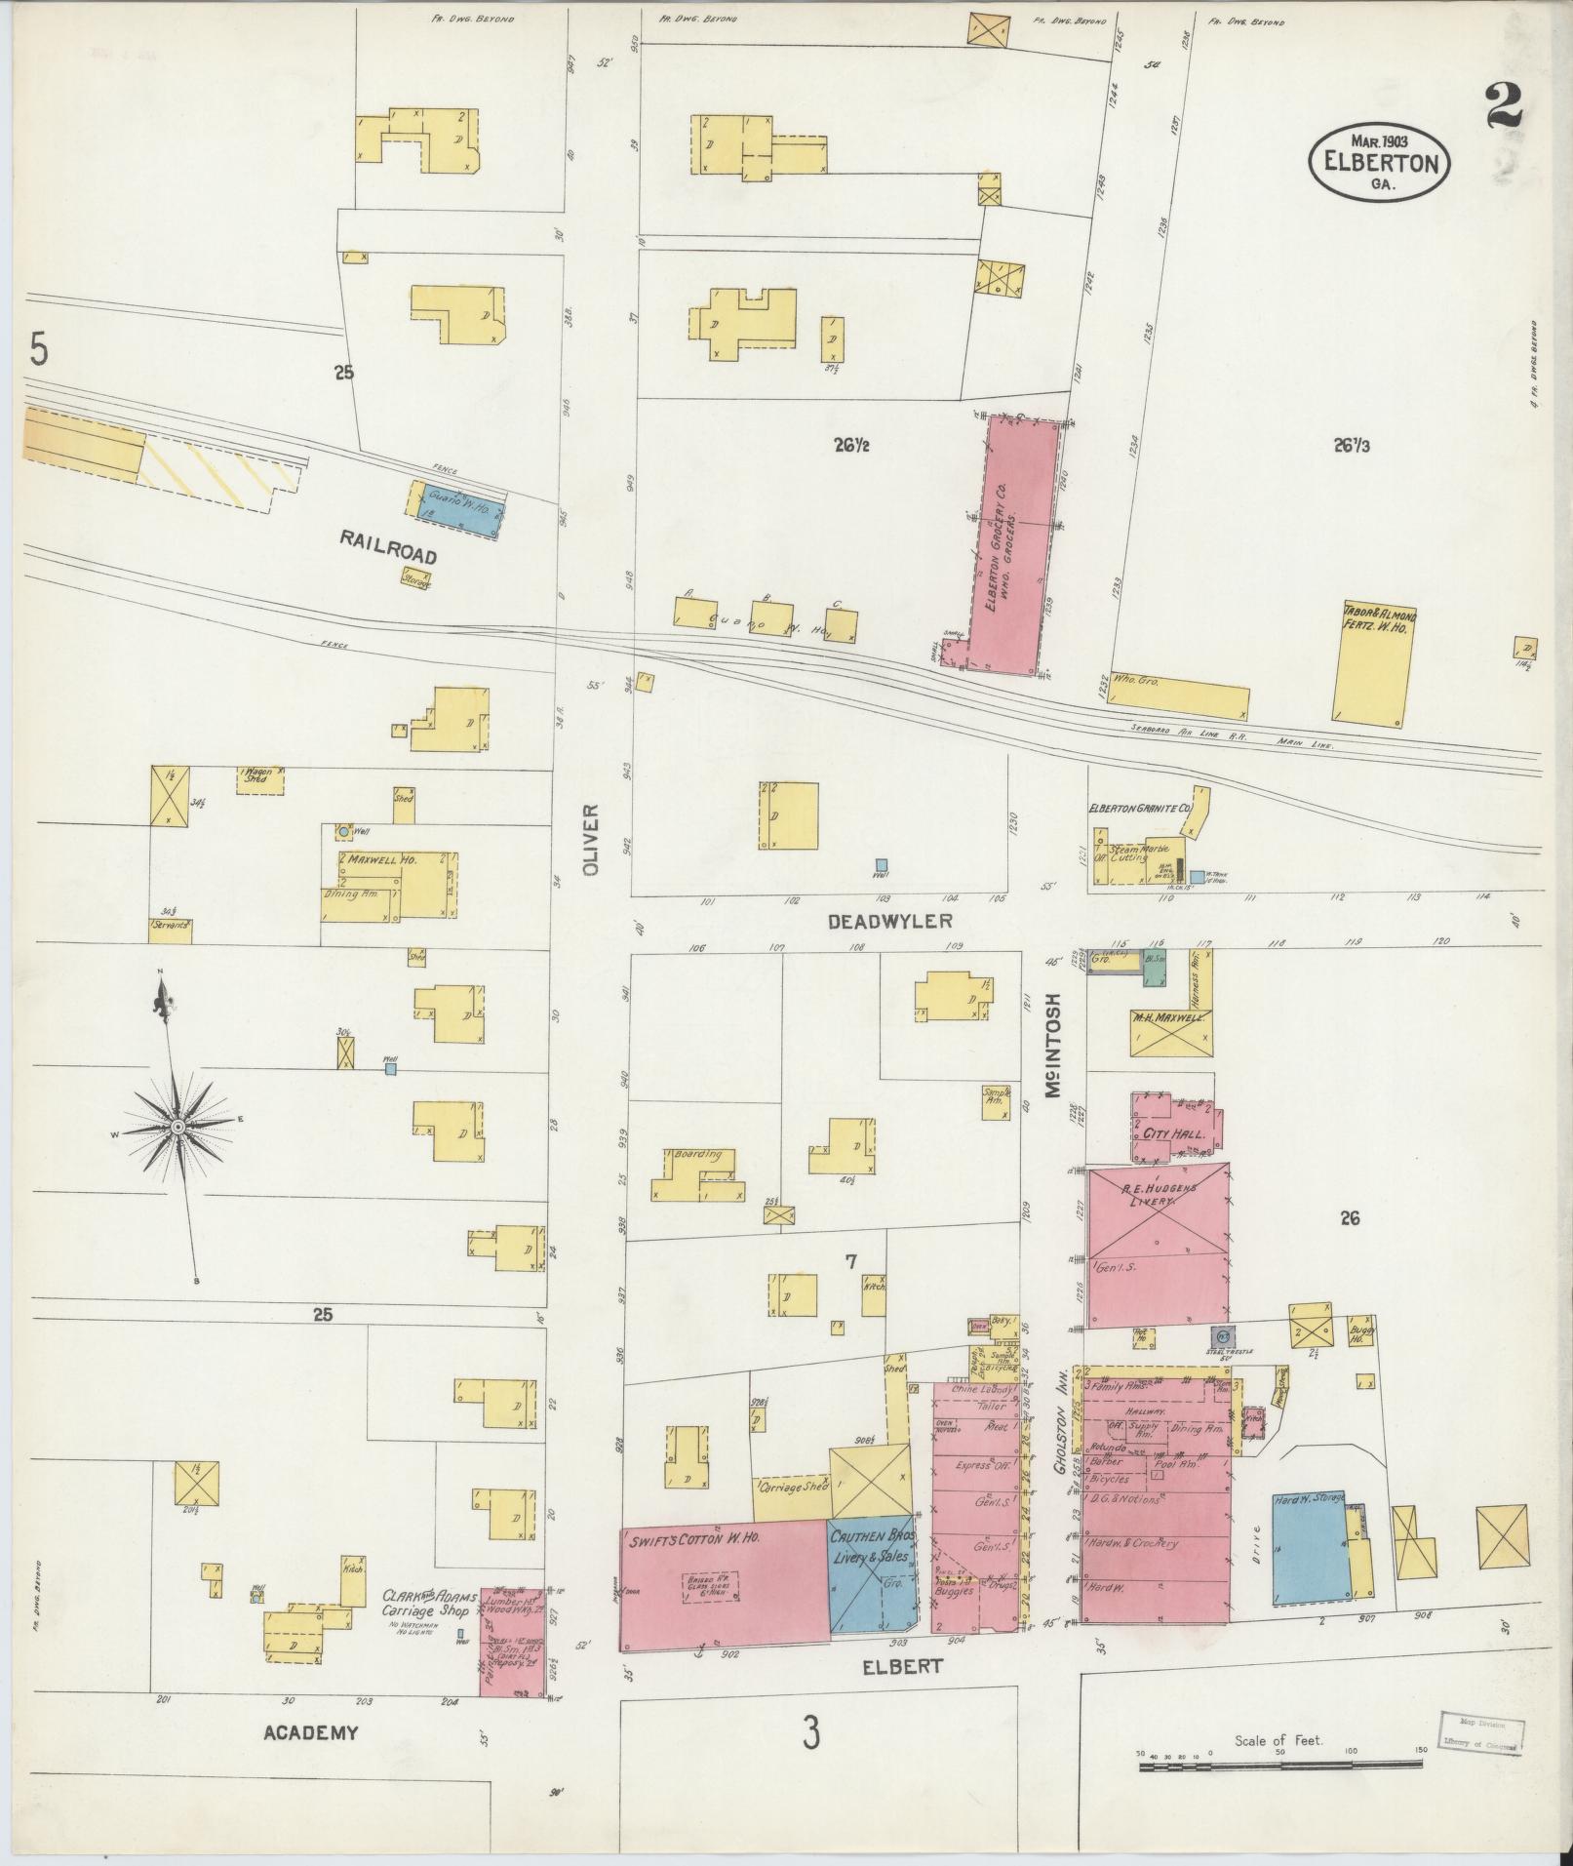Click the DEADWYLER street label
click(888, 921)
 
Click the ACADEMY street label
click(310, 1732)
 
